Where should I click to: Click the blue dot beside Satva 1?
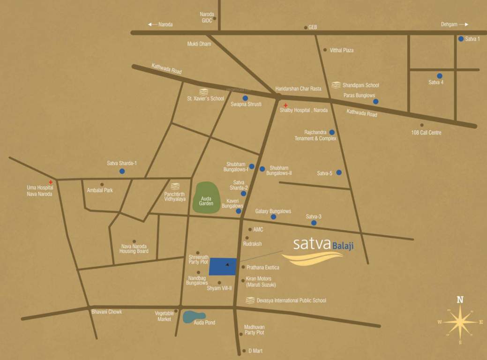pos(461,39)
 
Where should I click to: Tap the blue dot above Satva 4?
pos(440,76)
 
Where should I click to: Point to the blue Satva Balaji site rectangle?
pos(223,266)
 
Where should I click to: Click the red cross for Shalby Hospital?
pos(285,105)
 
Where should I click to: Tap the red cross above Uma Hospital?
pos(50,181)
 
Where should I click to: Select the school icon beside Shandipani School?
pos(336,85)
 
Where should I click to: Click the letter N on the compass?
pos(460,300)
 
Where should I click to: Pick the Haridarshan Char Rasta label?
pos(298,88)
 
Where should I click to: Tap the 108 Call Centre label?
pos(426,133)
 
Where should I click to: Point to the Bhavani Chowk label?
pos(106,312)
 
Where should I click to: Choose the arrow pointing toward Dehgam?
pos(464,24)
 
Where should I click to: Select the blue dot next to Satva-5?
pos(339,172)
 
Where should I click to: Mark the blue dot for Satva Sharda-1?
pos(122,171)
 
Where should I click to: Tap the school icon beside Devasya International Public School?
pos(250,300)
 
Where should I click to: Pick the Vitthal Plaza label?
pos(342,50)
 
